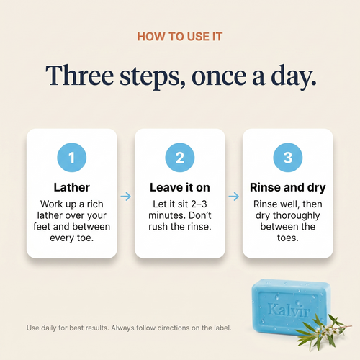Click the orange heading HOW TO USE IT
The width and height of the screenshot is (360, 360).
point(180,37)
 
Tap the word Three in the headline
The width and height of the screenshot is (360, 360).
point(79,75)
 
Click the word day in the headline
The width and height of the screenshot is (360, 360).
point(294,77)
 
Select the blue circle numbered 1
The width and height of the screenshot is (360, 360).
point(72,158)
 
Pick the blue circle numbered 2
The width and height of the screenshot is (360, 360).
point(180,158)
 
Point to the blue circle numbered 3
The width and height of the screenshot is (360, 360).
point(288,158)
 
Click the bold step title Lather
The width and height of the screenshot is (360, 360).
point(72,187)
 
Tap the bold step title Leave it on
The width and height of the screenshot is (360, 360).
point(180,187)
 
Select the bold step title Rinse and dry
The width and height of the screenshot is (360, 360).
point(288,188)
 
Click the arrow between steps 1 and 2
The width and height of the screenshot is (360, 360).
point(126,197)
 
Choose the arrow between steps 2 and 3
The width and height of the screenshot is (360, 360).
point(234,197)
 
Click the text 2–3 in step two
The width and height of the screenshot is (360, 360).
point(199,204)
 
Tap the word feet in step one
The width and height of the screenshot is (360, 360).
point(42,227)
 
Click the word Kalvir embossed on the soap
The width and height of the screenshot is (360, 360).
point(289,310)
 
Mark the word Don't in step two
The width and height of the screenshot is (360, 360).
point(200,215)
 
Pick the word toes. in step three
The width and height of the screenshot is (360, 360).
point(288,238)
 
